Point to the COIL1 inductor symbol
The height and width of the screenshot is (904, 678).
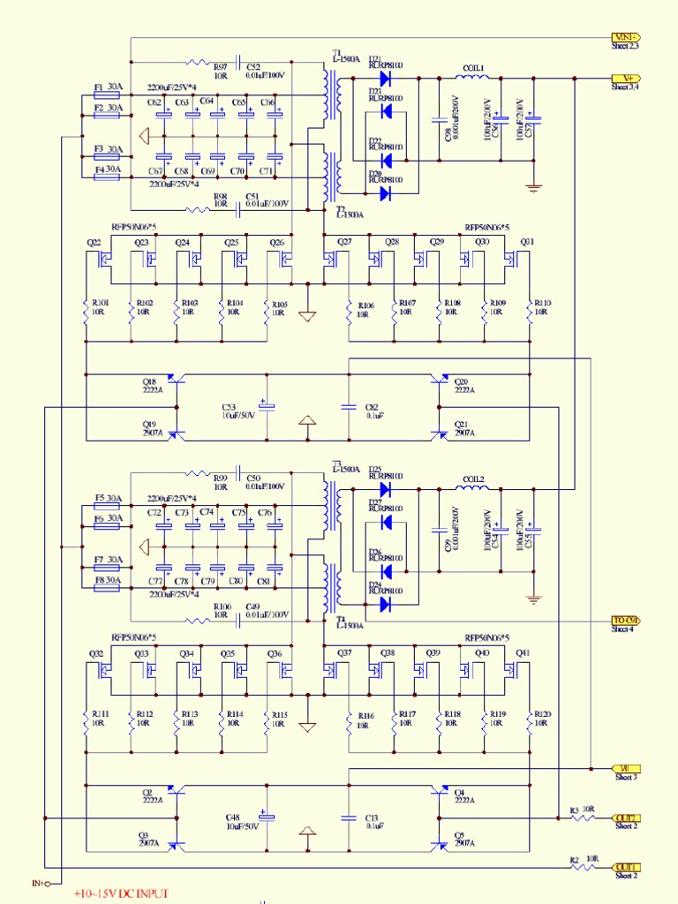(x=473, y=78)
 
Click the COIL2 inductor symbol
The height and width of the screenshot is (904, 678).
(x=473, y=488)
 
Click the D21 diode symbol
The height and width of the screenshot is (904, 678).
(x=385, y=78)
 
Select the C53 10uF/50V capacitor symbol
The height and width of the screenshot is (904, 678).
(x=267, y=407)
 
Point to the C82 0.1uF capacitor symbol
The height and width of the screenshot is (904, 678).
(x=350, y=407)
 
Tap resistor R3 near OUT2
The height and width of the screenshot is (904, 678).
(x=584, y=817)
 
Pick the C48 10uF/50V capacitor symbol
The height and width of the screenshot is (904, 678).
(x=267, y=818)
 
